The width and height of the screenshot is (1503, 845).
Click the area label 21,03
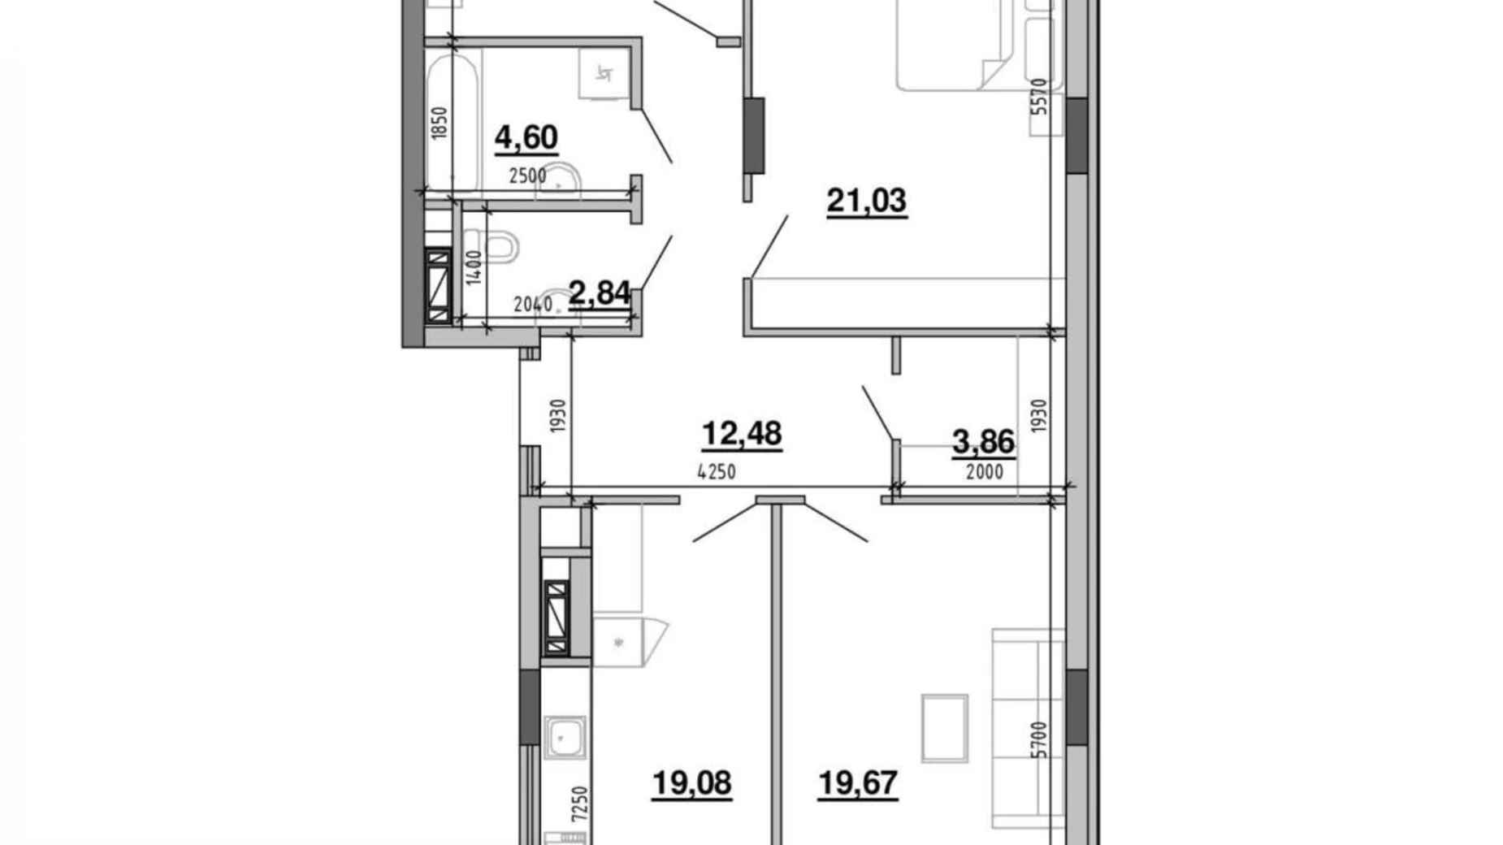(866, 200)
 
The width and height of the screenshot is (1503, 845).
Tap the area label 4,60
(526, 137)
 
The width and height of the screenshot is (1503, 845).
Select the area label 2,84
(600, 292)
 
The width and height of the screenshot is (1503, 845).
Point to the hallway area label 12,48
(741, 434)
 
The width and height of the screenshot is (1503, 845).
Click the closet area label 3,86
(983, 442)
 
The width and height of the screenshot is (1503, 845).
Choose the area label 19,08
(691, 783)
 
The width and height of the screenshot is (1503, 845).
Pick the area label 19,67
(858, 783)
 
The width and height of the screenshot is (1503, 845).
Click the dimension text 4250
(716, 472)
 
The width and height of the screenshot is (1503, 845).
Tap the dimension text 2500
(527, 175)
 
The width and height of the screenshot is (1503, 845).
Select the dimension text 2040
(533, 305)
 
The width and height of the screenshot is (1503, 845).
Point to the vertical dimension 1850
(440, 124)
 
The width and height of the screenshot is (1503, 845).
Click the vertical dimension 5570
(1039, 96)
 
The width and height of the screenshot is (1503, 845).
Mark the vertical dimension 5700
(1039, 739)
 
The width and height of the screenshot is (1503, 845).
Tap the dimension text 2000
(984, 472)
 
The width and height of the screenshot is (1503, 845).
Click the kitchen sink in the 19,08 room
(564, 736)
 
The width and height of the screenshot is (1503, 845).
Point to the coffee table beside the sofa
(944, 728)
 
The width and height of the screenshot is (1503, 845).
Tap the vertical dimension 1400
(474, 267)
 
